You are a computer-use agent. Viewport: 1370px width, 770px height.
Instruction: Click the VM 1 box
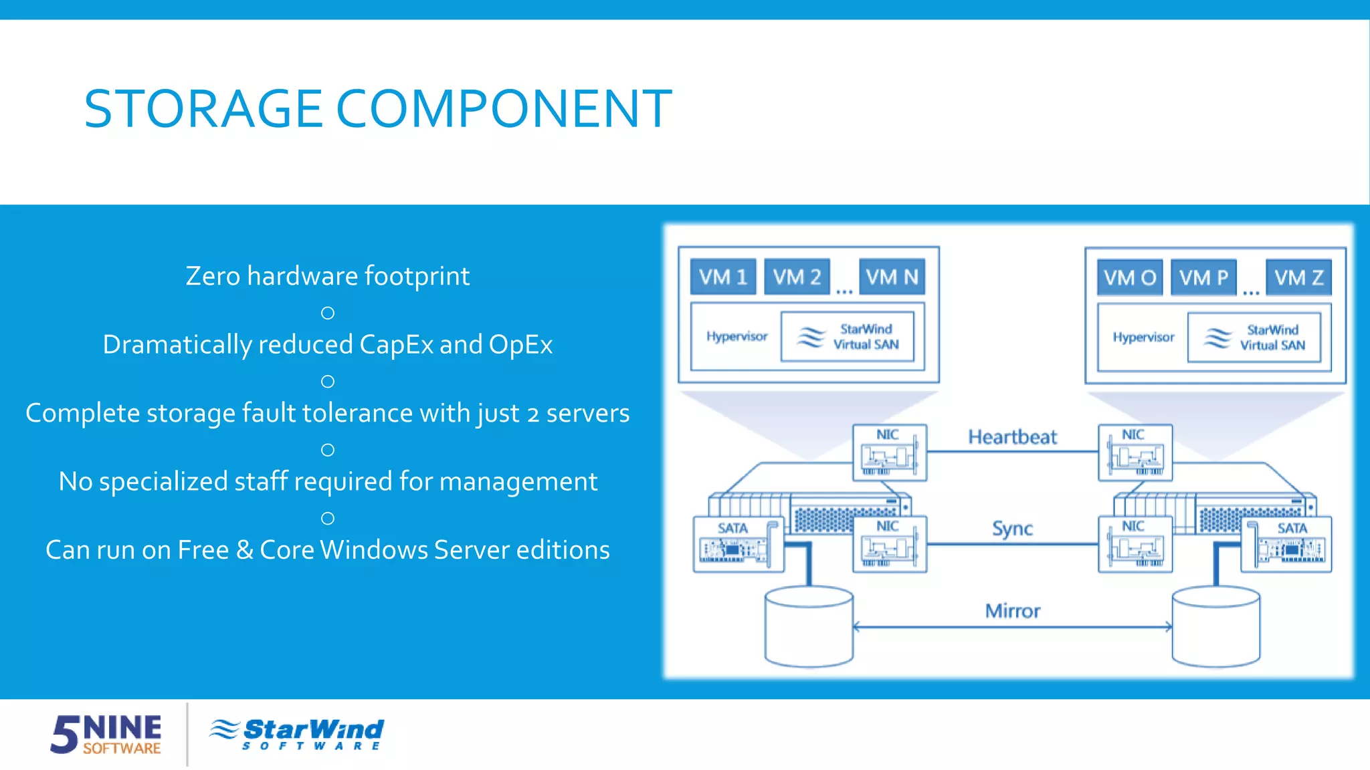click(722, 277)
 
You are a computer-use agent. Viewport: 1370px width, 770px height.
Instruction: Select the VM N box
click(892, 277)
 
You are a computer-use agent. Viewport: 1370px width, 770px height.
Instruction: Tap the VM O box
click(1130, 277)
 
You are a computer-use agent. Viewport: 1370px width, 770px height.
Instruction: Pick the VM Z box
click(1298, 277)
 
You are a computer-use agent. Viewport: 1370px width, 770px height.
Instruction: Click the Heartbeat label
click(1012, 437)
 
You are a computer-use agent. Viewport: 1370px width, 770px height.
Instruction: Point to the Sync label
click(1012, 529)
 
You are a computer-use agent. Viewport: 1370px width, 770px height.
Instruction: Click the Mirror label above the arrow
click(1012, 611)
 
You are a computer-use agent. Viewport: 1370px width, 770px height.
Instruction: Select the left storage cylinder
click(809, 627)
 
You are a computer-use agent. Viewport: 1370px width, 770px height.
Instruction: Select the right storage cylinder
click(1215, 627)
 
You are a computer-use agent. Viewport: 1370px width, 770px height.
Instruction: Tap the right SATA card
click(1286, 544)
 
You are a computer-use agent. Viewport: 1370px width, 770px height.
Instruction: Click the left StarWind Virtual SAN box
click(848, 337)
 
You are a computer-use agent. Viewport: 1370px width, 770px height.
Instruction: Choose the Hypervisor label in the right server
click(1143, 338)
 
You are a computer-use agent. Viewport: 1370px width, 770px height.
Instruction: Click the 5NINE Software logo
click(106, 733)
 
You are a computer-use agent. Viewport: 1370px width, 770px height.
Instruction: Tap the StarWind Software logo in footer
click(297, 733)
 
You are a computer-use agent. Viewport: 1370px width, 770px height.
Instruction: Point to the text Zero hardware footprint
click(327, 276)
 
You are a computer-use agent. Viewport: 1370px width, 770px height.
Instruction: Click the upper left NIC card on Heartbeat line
click(889, 453)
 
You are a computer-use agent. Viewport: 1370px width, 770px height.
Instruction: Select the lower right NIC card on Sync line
click(1135, 544)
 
